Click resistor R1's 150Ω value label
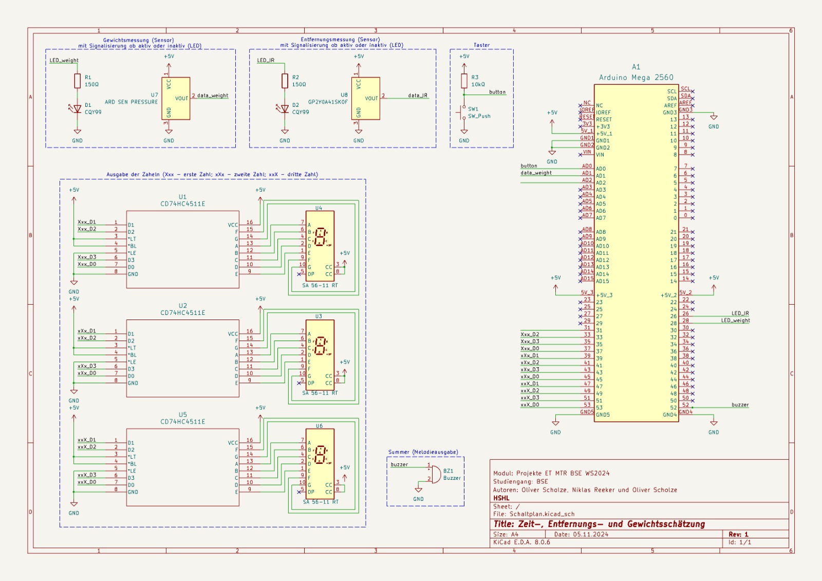click(x=92, y=84)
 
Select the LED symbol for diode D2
click(x=285, y=109)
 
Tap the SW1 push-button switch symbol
click(x=463, y=113)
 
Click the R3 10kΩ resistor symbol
click(x=464, y=81)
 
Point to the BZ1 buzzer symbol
click(x=435, y=474)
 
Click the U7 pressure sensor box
click(x=176, y=99)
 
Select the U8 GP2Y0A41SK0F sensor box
click(x=366, y=99)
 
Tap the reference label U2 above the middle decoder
click(x=183, y=306)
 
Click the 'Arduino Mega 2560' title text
click(x=636, y=78)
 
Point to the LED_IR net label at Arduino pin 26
click(x=740, y=313)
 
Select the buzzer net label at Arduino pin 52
click(x=740, y=405)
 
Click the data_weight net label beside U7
click(x=213, y=96)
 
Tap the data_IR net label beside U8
click(x=418, y=96)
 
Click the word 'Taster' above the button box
click(x=481, y=45)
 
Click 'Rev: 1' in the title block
click(x=738, y=534)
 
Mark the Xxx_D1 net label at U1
click(x=87, y=222)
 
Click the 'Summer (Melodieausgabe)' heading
click(x=423, y=452)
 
